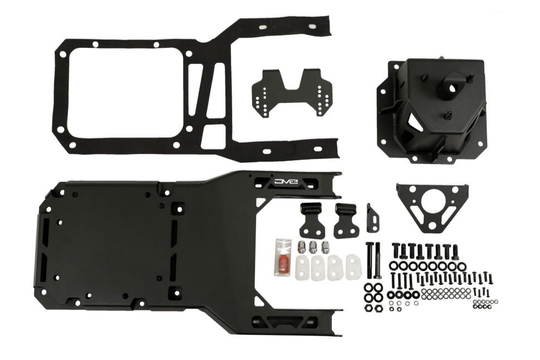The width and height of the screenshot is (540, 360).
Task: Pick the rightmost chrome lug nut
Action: (x=325, y=248)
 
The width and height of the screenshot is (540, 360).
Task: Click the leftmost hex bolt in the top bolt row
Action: (x=396, y=250)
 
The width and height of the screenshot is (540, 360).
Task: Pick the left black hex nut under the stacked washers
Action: (x=369, y=308)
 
